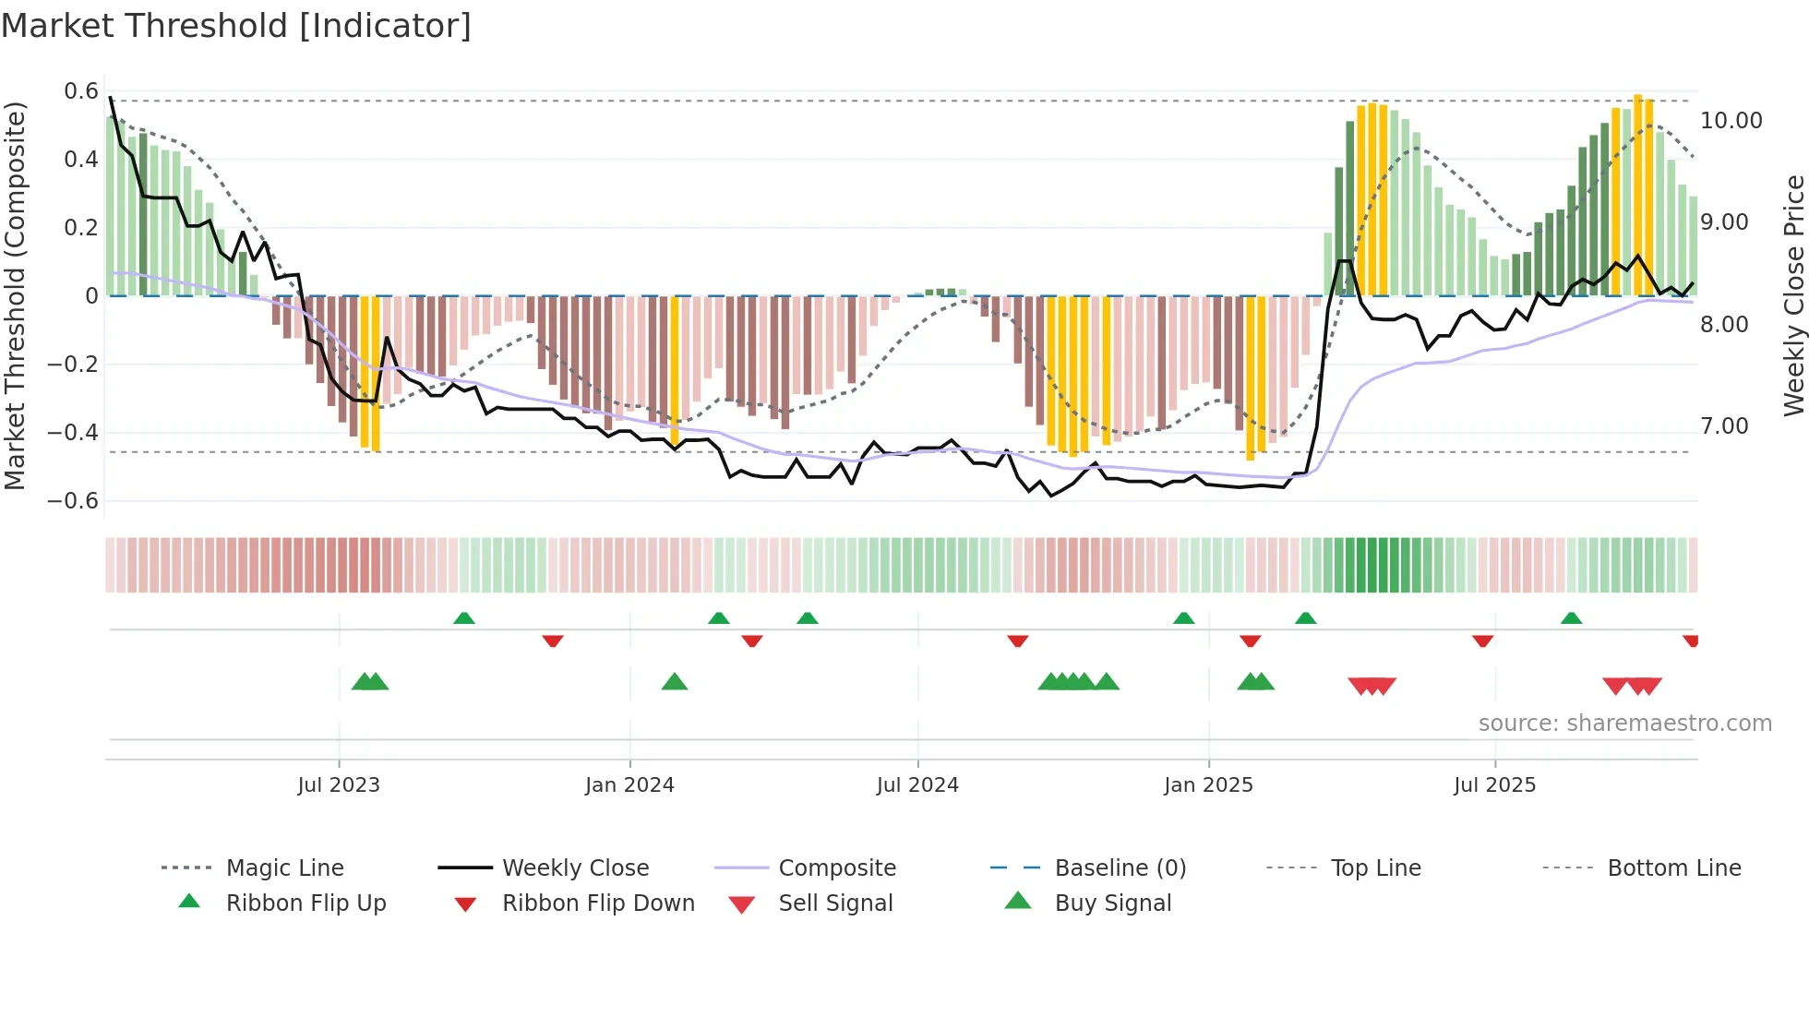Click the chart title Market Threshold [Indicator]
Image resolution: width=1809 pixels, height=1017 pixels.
click(236, 26)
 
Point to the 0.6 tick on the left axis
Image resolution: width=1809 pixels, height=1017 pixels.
click(81, 91)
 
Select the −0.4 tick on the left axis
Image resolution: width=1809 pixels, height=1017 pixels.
click(73, 433)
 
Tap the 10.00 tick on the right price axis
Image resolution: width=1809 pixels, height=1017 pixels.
click(1731, 121)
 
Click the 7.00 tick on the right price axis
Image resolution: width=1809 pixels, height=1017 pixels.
click(1723, 426)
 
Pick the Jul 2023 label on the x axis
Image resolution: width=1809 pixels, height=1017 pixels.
click(339, 785)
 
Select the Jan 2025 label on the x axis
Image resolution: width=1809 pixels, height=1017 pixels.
click(1208, 785)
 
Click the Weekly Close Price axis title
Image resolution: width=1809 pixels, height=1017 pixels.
click(1793, 295)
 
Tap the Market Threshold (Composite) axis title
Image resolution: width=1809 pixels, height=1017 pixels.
click(15, 295)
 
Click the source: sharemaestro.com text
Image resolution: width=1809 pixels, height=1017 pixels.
click(1624, 724)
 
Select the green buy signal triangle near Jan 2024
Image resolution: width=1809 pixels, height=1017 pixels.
click(675, 682)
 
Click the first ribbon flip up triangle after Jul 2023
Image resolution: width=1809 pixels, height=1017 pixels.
click(464, 618)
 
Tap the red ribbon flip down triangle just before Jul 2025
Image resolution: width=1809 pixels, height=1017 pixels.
click(1482, 640)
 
